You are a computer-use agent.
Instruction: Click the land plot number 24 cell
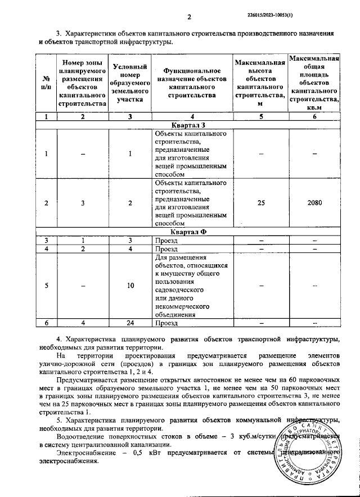130,323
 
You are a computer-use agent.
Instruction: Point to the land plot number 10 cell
130,286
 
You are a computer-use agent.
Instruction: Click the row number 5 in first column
47,286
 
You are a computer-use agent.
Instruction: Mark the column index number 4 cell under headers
191,116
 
